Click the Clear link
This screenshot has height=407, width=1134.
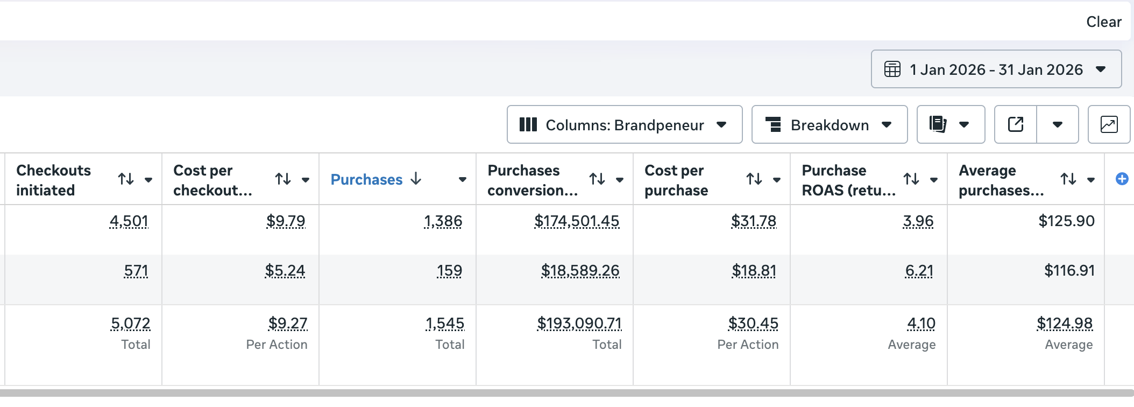1103,22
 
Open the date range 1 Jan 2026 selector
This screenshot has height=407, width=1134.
996,69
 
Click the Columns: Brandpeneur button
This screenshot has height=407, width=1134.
624,125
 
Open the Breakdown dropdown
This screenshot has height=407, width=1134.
829,125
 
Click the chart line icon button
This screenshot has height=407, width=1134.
1109,125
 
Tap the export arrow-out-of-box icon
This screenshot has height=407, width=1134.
1015,125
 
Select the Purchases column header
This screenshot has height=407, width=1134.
366,180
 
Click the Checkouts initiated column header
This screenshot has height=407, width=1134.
54,180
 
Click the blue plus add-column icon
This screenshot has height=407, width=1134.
1122,179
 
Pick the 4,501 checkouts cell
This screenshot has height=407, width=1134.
129,221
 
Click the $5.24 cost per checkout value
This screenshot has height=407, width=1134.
285,271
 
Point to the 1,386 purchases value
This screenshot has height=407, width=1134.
443,221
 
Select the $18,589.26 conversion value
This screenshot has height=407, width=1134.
580,271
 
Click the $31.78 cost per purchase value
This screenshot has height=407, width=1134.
754,221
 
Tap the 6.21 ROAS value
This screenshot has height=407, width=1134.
919,271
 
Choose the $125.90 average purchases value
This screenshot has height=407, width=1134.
1066,221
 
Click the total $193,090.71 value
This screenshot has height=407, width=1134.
579,324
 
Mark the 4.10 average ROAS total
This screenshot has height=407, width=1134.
921,324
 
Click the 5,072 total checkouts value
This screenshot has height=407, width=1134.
131,324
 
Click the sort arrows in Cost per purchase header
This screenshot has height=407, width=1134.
754,179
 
